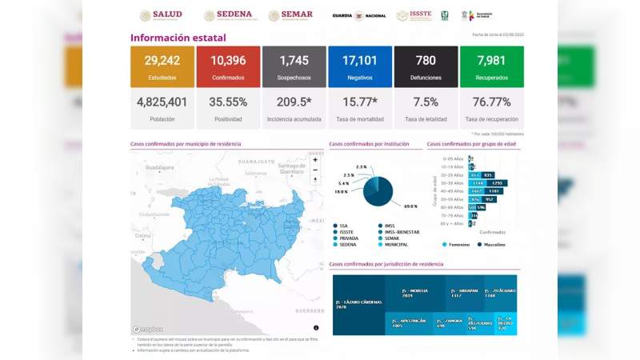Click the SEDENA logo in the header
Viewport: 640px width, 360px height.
point(228,15)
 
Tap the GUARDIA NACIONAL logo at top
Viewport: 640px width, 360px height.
point(359,15)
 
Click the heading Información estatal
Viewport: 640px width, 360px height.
point(178,38)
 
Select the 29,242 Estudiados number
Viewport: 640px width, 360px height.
point(162,61)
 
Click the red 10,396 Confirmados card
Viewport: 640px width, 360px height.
point(228,66)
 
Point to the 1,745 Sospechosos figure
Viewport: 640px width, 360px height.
point(294,61)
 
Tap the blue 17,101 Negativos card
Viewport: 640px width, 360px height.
point(359,66)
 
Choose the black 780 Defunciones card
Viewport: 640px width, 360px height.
point(426,66)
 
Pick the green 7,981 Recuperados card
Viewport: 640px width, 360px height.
point(491,66)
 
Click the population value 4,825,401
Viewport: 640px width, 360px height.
point(162,102)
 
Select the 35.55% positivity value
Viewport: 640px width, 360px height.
point(228,102)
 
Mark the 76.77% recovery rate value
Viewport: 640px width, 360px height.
point(491,102)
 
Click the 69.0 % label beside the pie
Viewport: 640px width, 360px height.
point(410,206)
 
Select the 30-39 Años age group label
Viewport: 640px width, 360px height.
point(455,183)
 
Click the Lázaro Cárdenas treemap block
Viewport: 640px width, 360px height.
point(358,306)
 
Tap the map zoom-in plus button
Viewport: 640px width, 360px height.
point(315,160)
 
